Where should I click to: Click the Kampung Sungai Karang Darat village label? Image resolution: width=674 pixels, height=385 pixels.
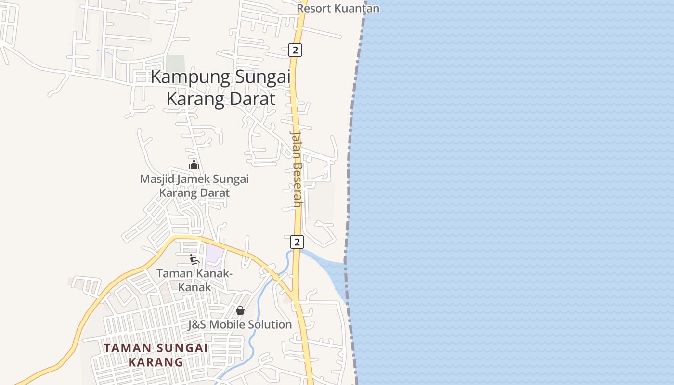220,88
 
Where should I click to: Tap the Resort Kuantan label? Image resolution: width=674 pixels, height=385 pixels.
338,8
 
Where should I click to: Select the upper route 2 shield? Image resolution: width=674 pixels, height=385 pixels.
295,50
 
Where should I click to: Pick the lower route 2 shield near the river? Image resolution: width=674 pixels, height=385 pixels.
297,242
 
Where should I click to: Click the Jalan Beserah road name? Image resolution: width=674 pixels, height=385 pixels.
297,168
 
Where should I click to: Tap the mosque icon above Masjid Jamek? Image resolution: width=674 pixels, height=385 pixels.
194,165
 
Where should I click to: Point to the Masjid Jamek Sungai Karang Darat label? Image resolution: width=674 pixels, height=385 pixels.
194,186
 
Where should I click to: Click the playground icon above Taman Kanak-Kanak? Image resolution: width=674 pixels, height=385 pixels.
194,259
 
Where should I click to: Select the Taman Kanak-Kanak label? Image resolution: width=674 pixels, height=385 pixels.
194,280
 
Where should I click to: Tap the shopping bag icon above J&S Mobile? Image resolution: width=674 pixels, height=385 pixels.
240,310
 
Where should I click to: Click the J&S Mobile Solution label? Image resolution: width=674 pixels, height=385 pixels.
240,324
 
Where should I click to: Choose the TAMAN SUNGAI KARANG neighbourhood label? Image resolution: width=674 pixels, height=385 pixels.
156,355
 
